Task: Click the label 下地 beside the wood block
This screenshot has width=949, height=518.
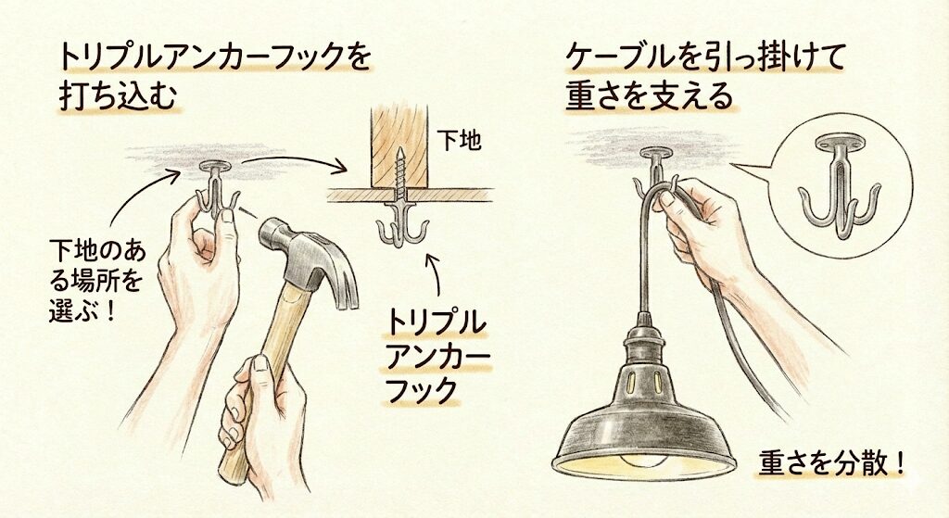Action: point(460,141)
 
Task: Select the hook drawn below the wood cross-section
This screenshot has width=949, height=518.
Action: point(400,224)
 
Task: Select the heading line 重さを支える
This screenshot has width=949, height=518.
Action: point(649,95)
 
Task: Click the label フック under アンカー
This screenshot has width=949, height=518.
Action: point(421,390)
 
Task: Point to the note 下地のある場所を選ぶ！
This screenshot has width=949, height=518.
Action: point(95,281)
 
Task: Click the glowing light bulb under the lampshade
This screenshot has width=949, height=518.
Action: point(644,460)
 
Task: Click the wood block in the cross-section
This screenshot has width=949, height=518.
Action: point(400,149)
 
